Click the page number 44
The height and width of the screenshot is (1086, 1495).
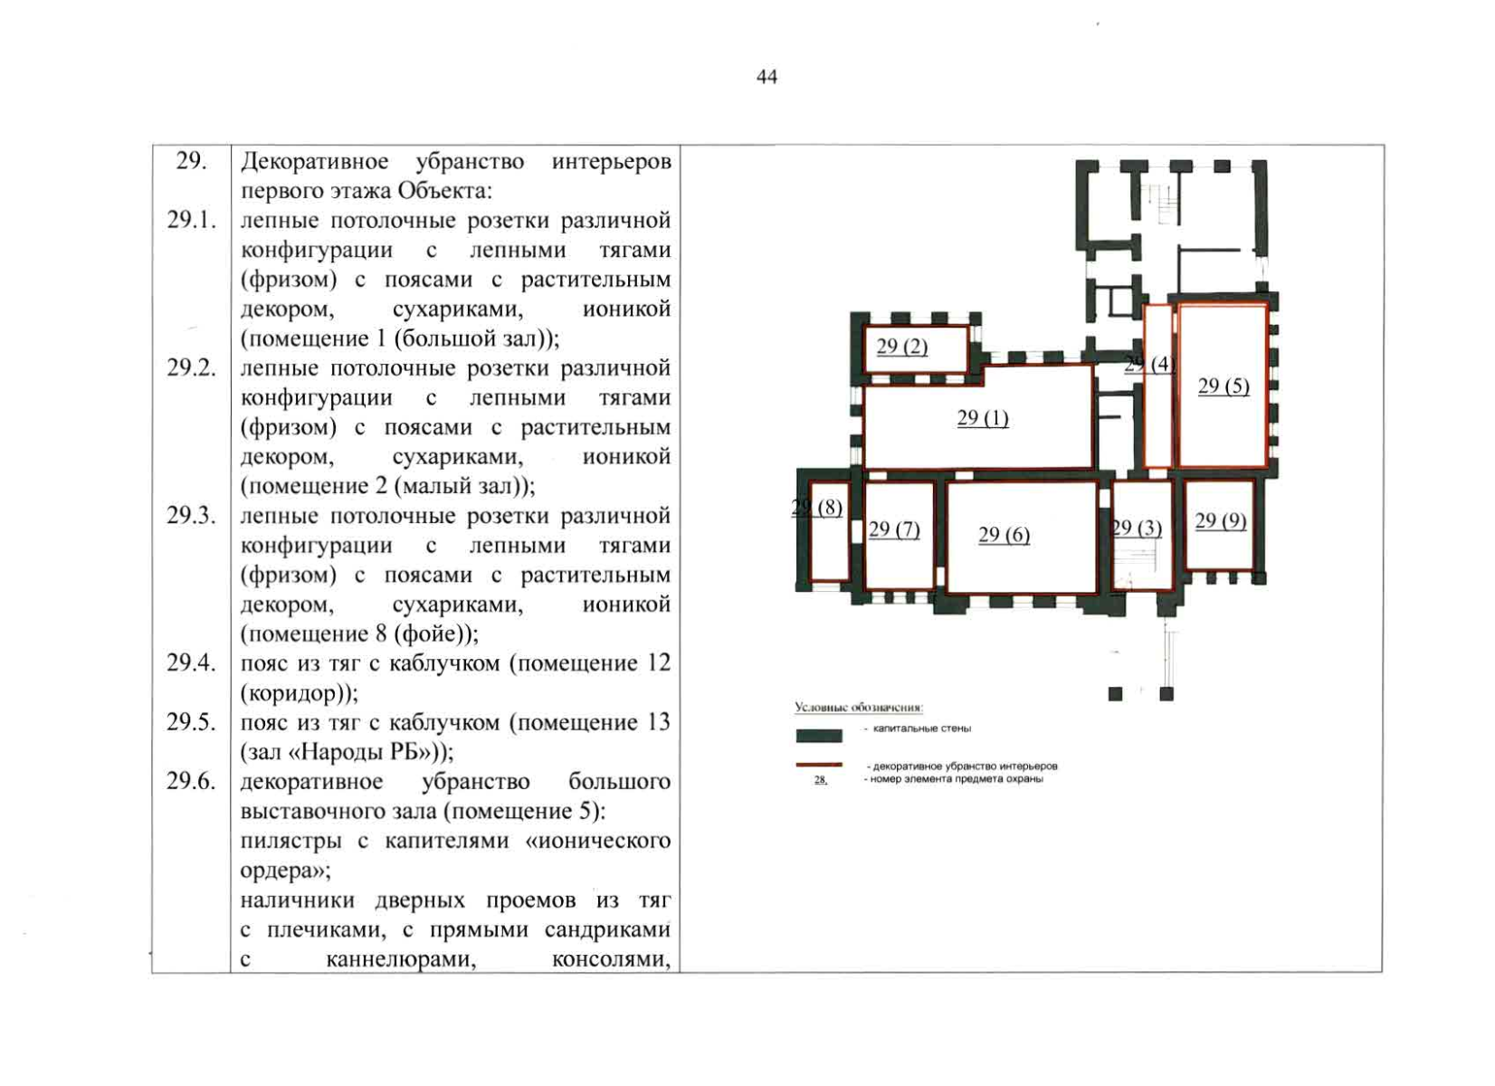(767, 78)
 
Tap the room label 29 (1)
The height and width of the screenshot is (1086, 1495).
(983, 418)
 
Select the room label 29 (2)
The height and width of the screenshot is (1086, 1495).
(901, 347)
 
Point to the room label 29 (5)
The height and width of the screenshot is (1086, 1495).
(1224, 386)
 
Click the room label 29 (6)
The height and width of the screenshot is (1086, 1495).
(1004, 535)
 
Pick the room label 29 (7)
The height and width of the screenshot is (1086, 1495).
(894, 530)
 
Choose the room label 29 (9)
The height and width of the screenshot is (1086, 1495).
(1221, 520)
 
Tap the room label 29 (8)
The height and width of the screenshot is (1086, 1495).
(817, 508)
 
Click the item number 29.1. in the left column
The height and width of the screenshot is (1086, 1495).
(192, 220)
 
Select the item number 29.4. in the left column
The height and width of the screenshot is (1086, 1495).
(192, 662)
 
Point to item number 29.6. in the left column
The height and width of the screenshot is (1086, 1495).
(192, 781)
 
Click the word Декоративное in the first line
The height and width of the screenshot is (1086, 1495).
(315, 162)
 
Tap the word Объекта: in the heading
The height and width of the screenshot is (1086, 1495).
(446, 192)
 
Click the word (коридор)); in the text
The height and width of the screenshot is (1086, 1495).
(300, 694)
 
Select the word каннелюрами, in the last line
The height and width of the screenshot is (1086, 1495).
(401, 960)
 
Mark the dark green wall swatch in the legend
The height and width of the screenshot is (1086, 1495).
(819, 736)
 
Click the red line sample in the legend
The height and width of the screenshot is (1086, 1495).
(819, 765)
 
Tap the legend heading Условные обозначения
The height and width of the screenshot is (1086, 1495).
(858, 707)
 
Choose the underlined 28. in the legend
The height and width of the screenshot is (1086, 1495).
(821, 780)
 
